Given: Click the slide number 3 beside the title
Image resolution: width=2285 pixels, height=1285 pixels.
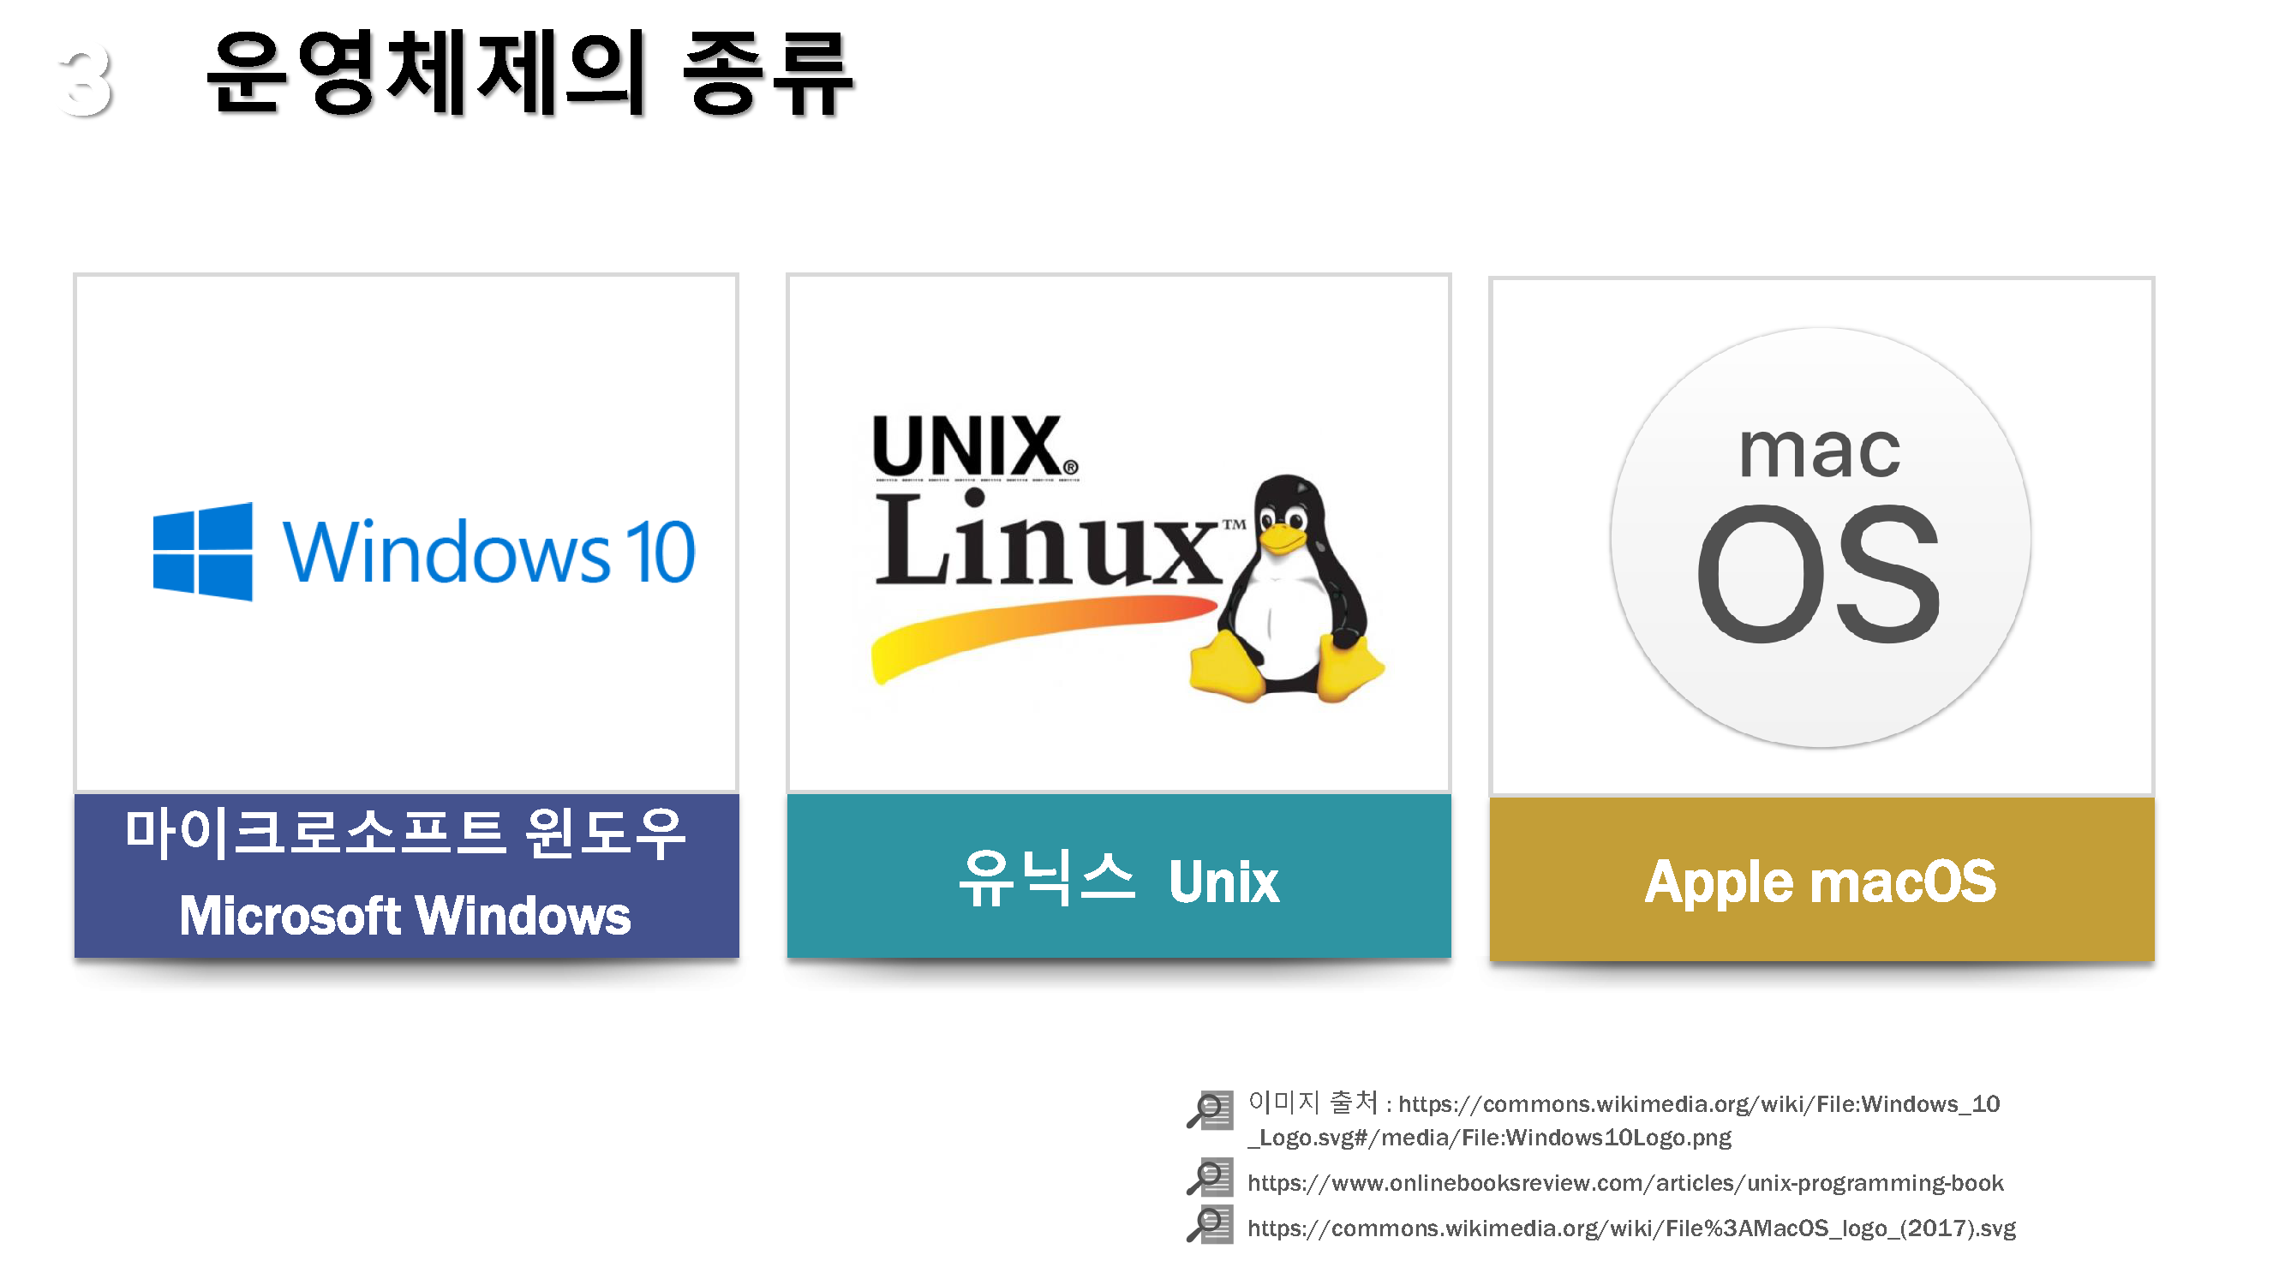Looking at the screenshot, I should click(x=86, y=82).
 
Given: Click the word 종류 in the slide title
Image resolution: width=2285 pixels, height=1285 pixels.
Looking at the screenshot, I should click(x=768, y=75).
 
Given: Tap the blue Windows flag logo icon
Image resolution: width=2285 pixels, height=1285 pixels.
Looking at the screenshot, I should click(x=203, y=552).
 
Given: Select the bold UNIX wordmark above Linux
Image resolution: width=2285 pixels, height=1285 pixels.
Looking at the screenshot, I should click(x=973, y=446).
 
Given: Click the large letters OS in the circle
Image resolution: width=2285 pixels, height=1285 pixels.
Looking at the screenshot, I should click(x=1818, y=575).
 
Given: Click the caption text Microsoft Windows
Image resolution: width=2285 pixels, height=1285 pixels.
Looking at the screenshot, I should click(x=405, y=916).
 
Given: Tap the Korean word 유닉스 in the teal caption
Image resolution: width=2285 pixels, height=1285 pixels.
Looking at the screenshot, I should click(x=1048, y=879).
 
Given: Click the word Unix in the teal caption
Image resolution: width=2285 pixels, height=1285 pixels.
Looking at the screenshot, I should click(x=1223, y=882).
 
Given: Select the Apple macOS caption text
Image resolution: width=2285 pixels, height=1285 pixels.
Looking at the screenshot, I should click(x=1820, y=882).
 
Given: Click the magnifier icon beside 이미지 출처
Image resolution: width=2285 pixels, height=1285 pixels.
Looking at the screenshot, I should click(x=1210, y=1109).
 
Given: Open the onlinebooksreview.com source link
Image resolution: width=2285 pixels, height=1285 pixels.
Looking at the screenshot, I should click(x=1624, y=1183).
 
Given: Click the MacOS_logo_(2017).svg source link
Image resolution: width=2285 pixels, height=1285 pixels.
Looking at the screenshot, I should click(x=1630, y=1228).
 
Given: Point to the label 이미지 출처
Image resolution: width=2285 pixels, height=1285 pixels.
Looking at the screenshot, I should click(x=1313, y=1103).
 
